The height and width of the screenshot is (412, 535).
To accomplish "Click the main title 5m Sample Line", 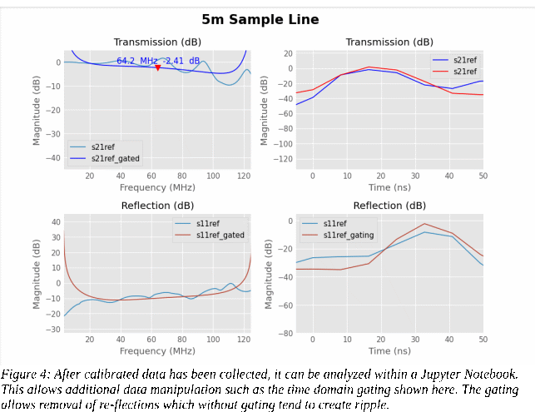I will click(x=260, y=19).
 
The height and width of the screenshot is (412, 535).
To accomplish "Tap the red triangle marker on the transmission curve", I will click(x=157, y=67).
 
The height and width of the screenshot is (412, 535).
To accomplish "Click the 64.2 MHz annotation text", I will click(x=137, y=61).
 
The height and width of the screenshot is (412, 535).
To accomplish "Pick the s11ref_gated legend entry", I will click(x=220, y=236).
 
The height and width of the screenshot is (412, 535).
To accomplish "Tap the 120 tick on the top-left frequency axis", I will click(x=244, y=176).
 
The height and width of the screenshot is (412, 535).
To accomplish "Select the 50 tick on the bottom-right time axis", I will click(x=483, y=340).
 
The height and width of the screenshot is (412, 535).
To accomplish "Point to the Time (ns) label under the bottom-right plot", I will click(x=389, y=350).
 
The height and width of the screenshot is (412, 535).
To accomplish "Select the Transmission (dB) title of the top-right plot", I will click(x=389, y=42).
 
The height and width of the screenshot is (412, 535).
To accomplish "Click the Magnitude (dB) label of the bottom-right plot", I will click(x=268, y=274).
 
